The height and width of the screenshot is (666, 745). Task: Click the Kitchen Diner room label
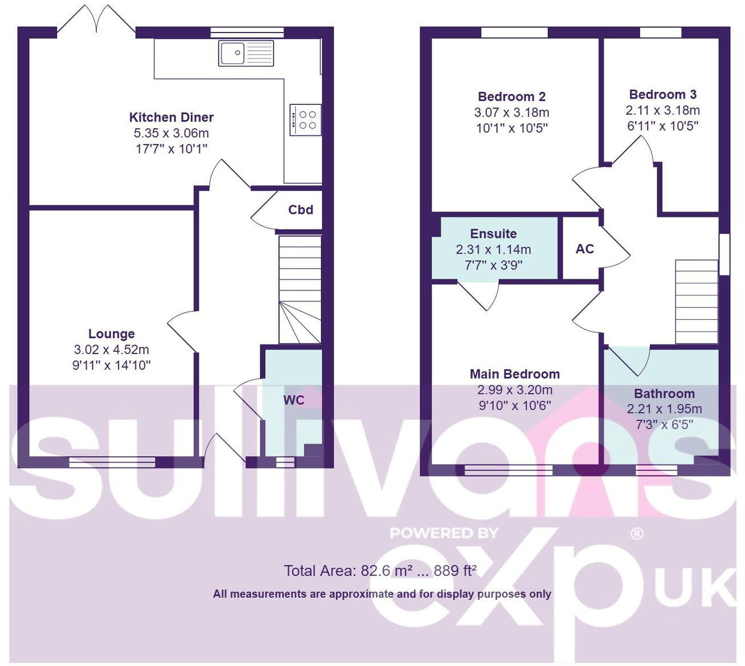(171, 117)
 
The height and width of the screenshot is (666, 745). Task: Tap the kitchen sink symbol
(246, 53)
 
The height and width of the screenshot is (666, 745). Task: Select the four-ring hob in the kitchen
(306, 120)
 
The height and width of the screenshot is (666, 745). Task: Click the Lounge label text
(111, 334)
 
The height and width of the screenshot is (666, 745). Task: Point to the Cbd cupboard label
(300, 210)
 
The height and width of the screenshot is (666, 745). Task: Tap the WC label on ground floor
(294, 400)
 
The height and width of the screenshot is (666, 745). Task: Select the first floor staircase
(696, 302)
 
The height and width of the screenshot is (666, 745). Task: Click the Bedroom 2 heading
(511, 97)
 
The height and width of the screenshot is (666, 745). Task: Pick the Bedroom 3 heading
(662, 95)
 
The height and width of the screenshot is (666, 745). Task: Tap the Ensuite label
(493, 234)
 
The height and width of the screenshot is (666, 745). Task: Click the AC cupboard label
(584, 249)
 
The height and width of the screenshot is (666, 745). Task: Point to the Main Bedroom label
(514, 375)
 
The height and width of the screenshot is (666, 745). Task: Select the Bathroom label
(664, 394)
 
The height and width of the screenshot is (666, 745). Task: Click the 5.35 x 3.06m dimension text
(171, 133)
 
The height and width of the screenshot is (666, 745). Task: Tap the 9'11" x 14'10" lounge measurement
(111, 366)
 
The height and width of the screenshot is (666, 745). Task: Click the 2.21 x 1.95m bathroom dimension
(664, 409)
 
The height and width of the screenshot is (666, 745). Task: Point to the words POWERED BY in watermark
(444, 533)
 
